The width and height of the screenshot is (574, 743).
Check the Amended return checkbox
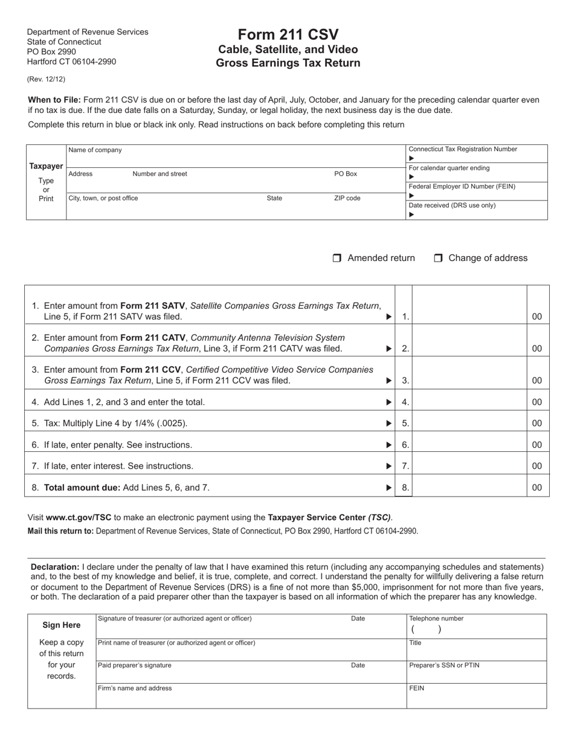337,259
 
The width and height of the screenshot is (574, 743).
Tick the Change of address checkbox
438,259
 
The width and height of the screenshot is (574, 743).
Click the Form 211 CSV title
288,34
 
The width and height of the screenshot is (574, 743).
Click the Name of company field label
95,150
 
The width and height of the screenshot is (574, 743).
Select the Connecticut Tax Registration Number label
463,149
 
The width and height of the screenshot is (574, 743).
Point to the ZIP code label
347,198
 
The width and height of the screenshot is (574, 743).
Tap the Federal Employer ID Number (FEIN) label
462,187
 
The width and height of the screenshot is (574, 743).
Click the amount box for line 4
469,402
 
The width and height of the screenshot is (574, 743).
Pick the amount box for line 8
469,487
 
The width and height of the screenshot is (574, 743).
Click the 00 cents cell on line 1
537,317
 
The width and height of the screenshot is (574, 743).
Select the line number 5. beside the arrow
405,423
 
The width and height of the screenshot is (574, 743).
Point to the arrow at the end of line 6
389,445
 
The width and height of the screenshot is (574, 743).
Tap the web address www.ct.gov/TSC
79,517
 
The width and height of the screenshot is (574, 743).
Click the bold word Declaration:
55,567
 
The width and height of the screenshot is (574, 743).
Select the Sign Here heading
62,625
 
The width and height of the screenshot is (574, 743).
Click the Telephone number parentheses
426,629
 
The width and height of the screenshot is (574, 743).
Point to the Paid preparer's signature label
135,666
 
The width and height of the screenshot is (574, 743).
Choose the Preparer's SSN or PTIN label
444,666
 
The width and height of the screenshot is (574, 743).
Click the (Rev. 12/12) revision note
46,79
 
